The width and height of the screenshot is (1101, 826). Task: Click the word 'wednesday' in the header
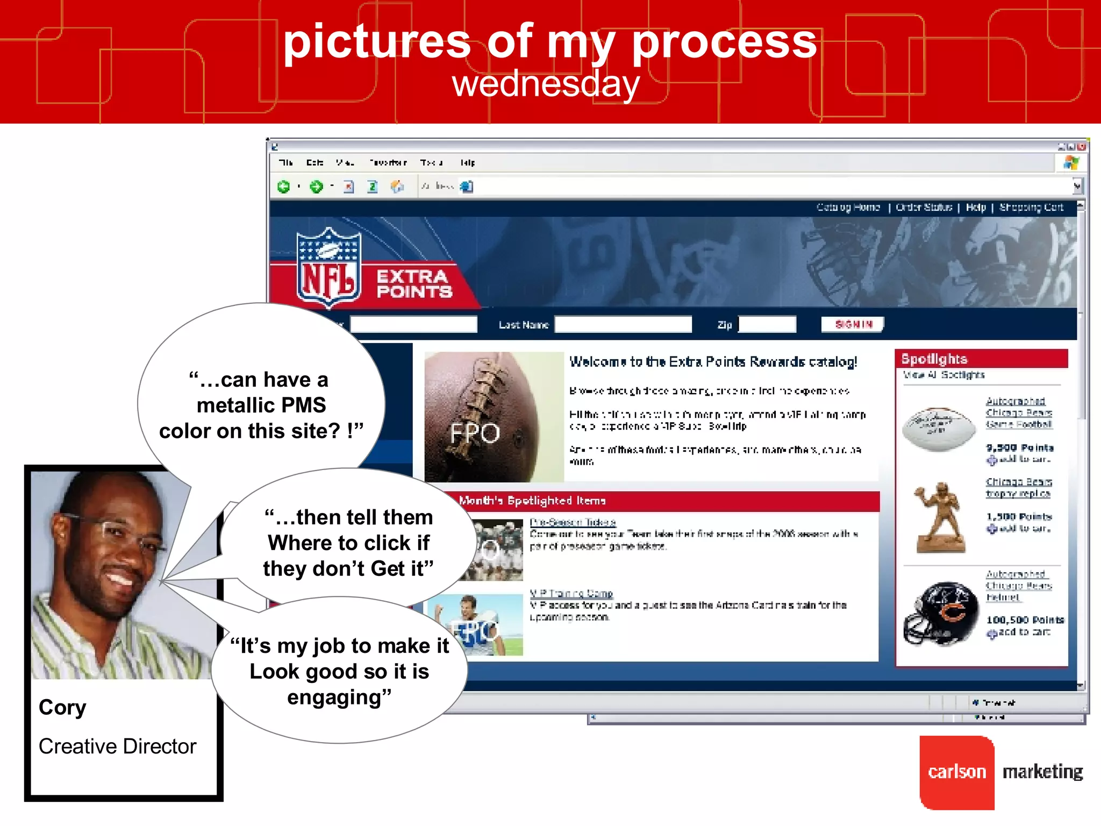(x=546, y=84)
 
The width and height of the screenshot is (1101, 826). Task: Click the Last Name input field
(x=623, y=324)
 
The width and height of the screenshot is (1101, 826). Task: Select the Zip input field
(x=767, y=324)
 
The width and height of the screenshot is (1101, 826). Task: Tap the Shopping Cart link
(x=1031, y=207)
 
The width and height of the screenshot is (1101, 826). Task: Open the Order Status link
(x=924, y=207)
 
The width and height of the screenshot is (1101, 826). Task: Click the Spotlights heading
(x=934, y=359)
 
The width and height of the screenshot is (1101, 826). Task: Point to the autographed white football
(x=939, y=428)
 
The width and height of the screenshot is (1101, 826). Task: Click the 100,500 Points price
(x=1025, y=619)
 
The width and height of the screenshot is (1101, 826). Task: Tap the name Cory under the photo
(x=62, y=707)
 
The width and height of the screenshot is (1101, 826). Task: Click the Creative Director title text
(x=117, y=746)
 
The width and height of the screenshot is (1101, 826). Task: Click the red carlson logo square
(x=957, y=772)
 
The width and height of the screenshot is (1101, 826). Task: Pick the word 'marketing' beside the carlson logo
(x=1042, y=772)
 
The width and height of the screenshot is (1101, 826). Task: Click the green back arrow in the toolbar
(x=283, y=187)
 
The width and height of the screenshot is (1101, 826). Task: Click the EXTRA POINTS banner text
(x=413, y=283)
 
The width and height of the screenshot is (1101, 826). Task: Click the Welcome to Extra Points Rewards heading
(x=713, y=361)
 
